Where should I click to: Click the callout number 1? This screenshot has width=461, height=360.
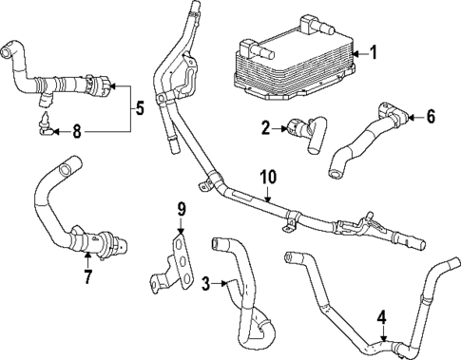click(x=374, y=54)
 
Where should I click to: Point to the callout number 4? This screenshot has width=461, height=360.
click(x=382, y=317)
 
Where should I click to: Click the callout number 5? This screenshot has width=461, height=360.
click(x=140, y=107)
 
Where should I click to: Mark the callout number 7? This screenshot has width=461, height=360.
click(x=87, y=278)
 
